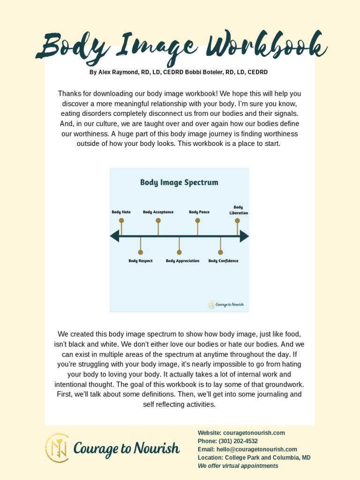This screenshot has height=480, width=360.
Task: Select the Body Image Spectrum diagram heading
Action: coord(179,182)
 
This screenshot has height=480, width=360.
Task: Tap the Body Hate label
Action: coord(121,212)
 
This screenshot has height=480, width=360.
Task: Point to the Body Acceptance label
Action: coord(158,212)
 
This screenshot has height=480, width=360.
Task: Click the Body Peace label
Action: coord(199,212)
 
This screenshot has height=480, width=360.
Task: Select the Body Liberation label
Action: coord(238,210)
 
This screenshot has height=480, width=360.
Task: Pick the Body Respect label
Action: coord(140,261)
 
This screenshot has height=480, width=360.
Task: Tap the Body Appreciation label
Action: coord(182,261)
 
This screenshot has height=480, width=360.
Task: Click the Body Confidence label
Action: coord(223,261)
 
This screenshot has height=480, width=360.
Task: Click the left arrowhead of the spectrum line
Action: coord(114,236)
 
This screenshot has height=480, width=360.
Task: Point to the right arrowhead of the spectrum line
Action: coord(244,236)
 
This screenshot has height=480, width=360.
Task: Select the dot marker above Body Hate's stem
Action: coord(121,220)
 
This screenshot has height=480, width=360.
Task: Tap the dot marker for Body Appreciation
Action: coord(179,252)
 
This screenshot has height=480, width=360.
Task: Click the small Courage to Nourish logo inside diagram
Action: coord(226,305)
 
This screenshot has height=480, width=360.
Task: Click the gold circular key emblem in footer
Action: coord(57,448)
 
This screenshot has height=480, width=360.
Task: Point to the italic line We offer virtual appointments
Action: coord(238,466)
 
